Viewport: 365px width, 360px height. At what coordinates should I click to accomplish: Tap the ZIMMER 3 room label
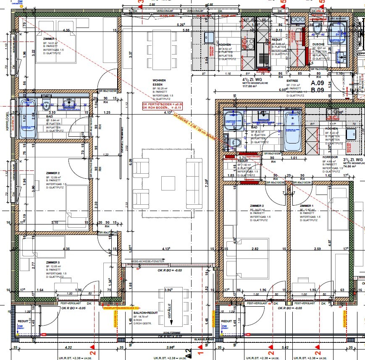[x=53, y=262]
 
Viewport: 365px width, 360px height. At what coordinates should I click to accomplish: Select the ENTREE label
[x=292, y=81]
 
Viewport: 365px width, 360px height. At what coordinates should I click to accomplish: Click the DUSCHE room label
[x=318, y=44]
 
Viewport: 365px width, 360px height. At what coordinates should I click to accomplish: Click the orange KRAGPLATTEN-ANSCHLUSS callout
[x=122, y=308]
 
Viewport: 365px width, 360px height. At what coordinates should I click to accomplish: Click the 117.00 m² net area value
[x=251, y=87]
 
